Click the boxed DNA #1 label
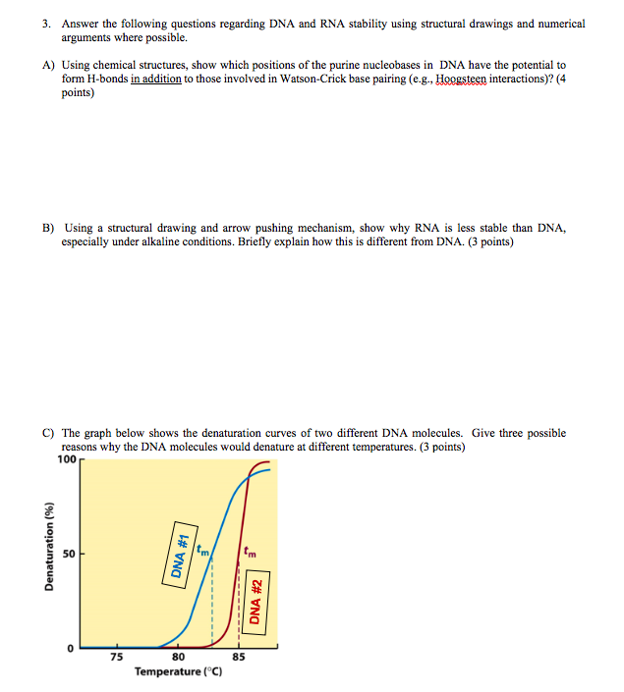pyautogui.click(x=180, y=555)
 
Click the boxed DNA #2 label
pyautogui.click(x=256, y=603)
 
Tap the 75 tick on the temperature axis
pyautogui.click(x=117, y=657)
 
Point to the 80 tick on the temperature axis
pyautogui.click(x=178, y=657)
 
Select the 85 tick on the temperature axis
pyautogui.click(x=239, y=657)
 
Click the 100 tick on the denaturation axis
pyautogui.click(x=67, y=459)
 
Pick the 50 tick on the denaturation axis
pyautogui.click(x=69, y=554)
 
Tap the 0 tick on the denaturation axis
pyautogui.click(x=71, y=648)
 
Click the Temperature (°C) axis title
pyautogui.click(x=179, y=671)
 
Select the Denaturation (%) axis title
pyautogui.click(x=49, y=546)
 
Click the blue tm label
pyautogui.click(x=202, y=551)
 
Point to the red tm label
pyautogui.click(x=250, y=552)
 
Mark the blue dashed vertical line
pyautogui.click(x=212, y=601)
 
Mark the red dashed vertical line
pyautogui.click(x=239, y=605)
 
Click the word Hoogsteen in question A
pyautogui.click(x=461, y=79)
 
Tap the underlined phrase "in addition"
pyautogui.click(x=156, y=79)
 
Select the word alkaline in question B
pyautogui.click(x=158, y=241)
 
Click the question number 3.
pyautogui.click(x=46, y=24)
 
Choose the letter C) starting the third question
pyautogui.click(x=48, y=433)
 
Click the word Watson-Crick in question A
pyautogui.click(x=312, y=79)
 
